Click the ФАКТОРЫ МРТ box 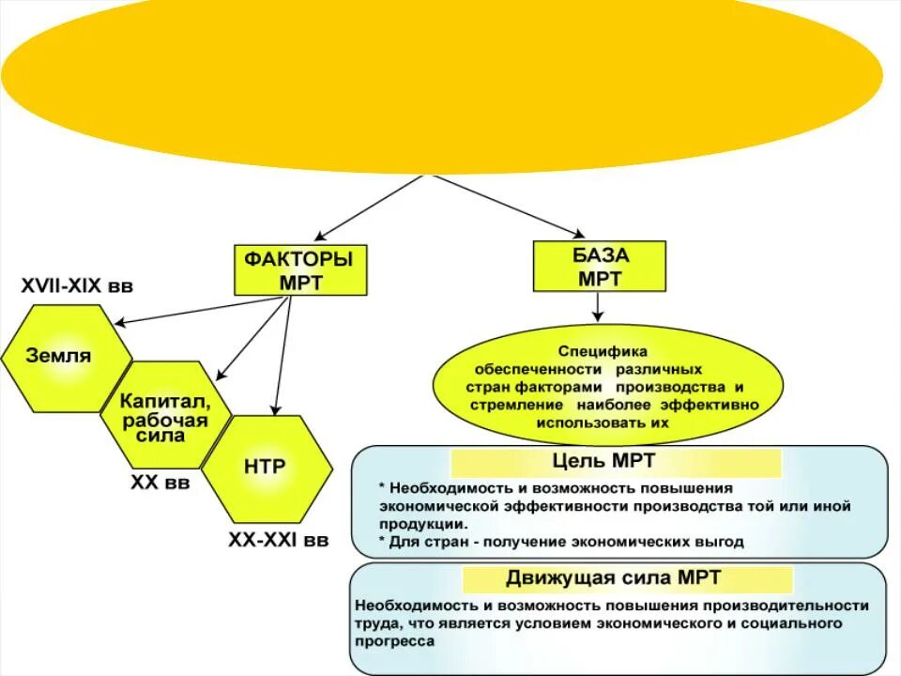[299, 270]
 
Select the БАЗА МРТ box [600, 267]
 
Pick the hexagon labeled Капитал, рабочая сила [165, 414]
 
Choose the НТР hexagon [266, 467]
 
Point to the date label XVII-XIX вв [77, 286]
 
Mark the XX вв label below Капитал [160, 483]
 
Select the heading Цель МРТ [617, 461]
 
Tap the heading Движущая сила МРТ [616, 577]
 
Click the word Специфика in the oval [597, 350]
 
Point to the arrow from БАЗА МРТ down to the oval [598, 306]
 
